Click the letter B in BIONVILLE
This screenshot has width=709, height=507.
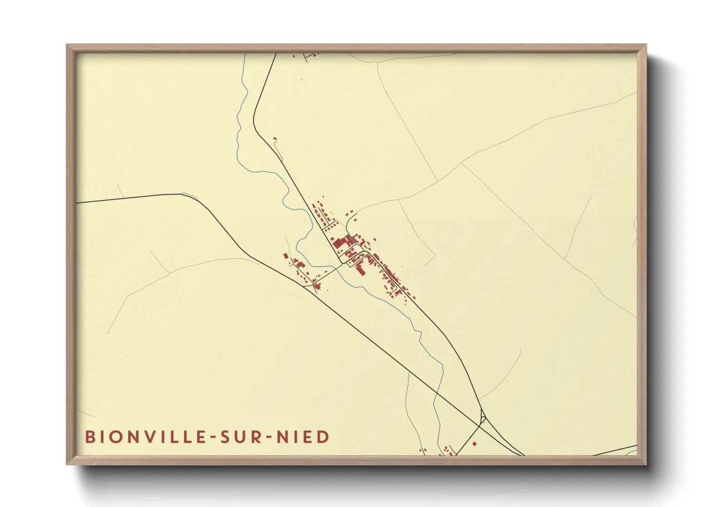click(90, 437)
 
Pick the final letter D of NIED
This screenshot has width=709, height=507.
click(323, 437)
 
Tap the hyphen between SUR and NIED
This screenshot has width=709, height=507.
click(268, 437)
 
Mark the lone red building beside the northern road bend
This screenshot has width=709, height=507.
click(275, 139)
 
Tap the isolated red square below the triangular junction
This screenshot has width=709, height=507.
click(474, 444)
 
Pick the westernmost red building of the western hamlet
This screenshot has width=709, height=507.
click(286, 256)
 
